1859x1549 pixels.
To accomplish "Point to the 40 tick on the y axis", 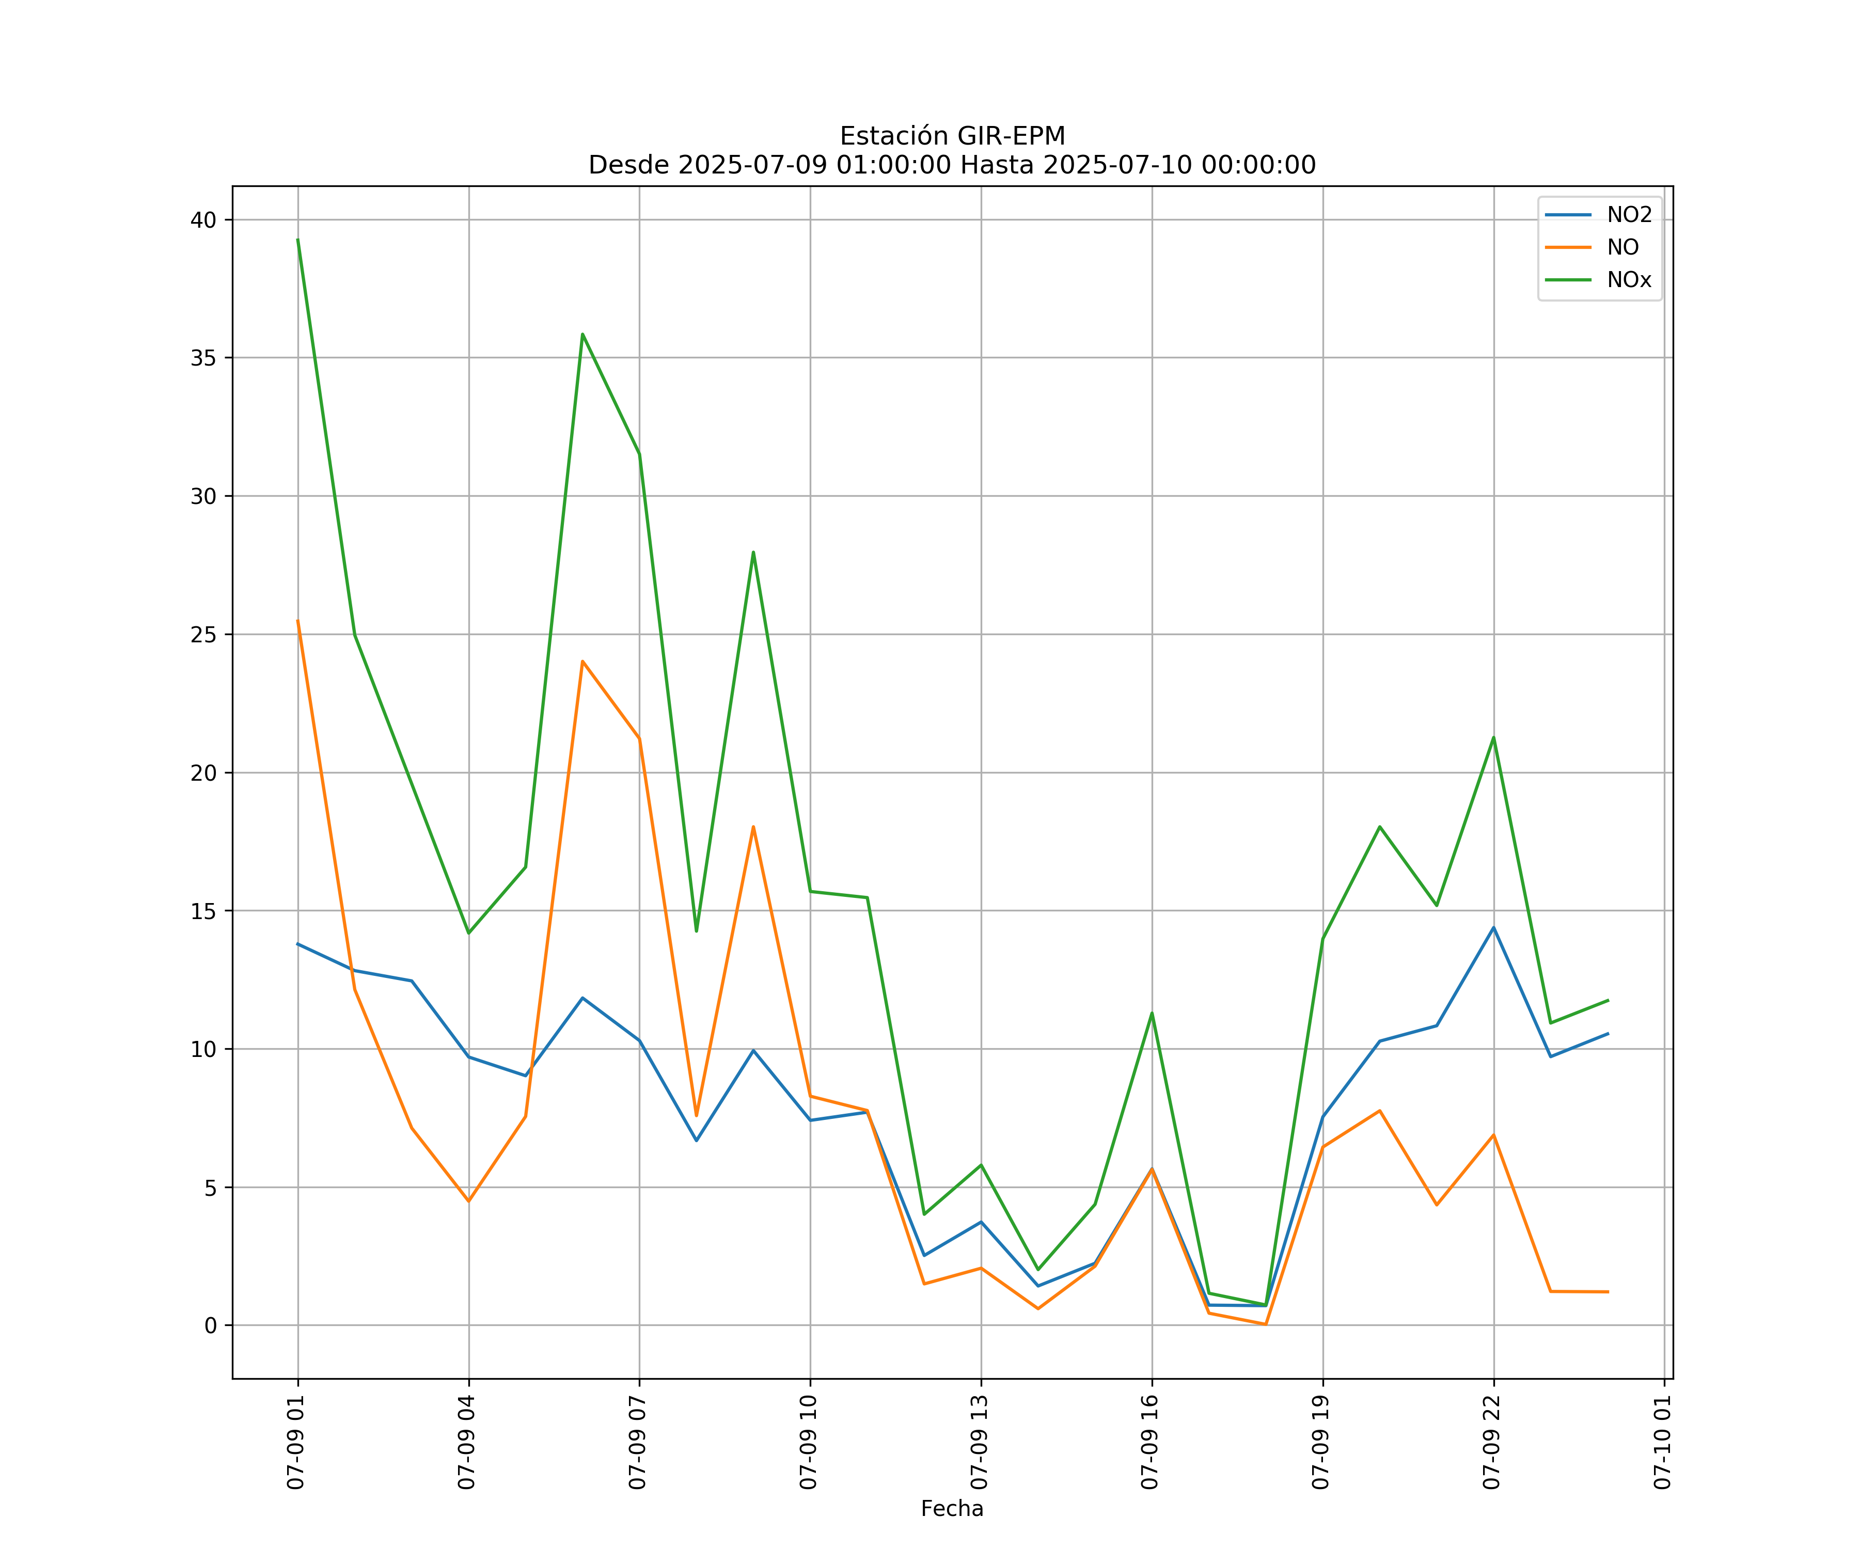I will click(203, 220).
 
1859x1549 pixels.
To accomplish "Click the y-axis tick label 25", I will click(203, 635).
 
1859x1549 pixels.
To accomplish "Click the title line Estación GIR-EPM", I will click(952, 136).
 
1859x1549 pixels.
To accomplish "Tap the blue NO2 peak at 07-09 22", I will click(1493, 928).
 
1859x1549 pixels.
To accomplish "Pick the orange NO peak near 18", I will click(753, 827).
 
